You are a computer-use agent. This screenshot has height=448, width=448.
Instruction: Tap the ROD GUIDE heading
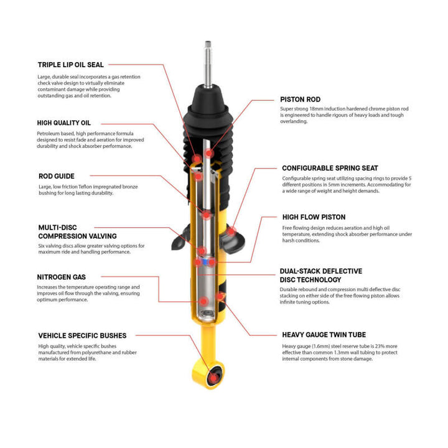[x=56, y=176]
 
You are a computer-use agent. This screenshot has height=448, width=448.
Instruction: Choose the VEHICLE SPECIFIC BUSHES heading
[x=82, y=335]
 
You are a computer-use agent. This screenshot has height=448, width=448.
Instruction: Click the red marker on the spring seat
[x=231, y=232]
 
